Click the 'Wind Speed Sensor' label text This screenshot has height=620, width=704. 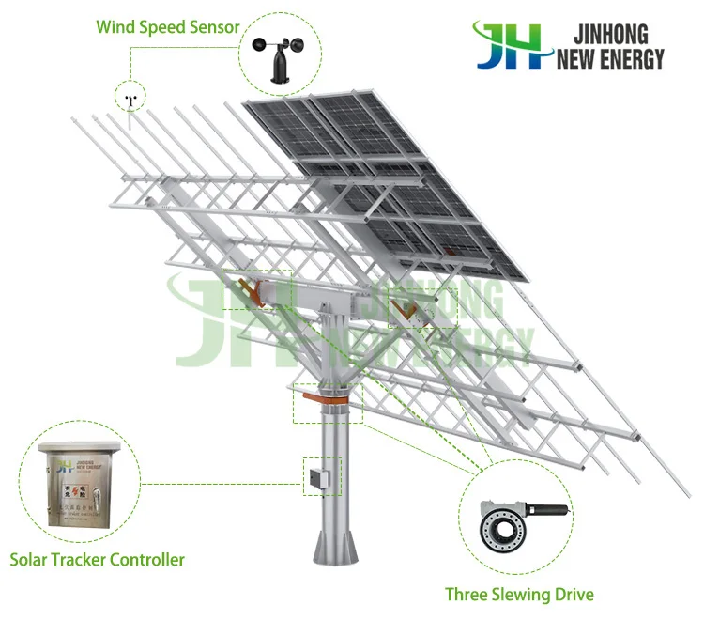point(168,26)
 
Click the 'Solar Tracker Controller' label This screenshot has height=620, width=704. point(97,560)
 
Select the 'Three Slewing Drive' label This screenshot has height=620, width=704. point(519,594)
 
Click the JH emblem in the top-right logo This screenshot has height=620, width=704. point(511,46)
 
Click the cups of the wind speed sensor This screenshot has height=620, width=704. point(280,43)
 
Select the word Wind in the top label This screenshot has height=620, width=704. point(117,26)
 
